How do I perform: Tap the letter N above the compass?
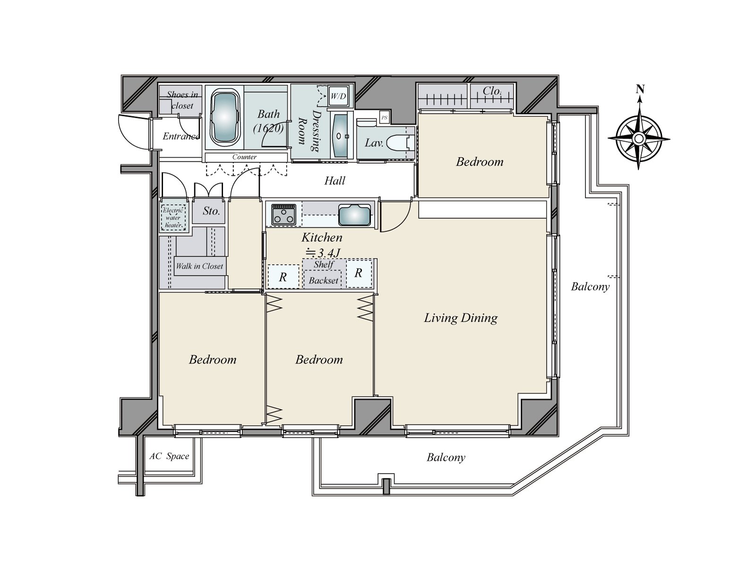click(x=640, y=89)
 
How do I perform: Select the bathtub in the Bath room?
click(x=224, y=117)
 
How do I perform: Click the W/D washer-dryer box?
click(x=338, y=96)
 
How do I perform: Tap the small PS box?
click(x=384, y=118)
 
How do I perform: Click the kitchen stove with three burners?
click(x=284, y=215)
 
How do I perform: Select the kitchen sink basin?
click(x=354, y=215)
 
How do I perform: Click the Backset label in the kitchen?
click(x=323, y=281)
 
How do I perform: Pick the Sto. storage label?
click(x=211, y=211)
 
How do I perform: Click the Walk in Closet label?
click(x=199, y=266)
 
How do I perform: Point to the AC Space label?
click(x=169, y=456)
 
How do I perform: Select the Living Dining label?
click(x=461, y=318)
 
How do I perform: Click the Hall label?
click(x=335, y=181)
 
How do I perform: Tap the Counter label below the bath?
click(x=244, y=157)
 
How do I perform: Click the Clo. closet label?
click(x=492, y=91)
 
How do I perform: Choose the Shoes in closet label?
click(x=182, y=100)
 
